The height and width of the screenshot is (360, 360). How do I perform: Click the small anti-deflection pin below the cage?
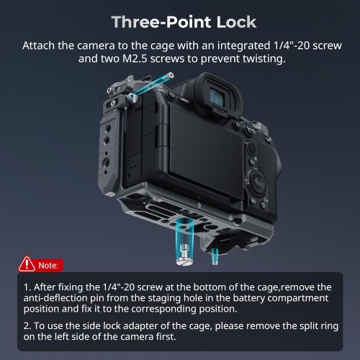click(x=215, y=253)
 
